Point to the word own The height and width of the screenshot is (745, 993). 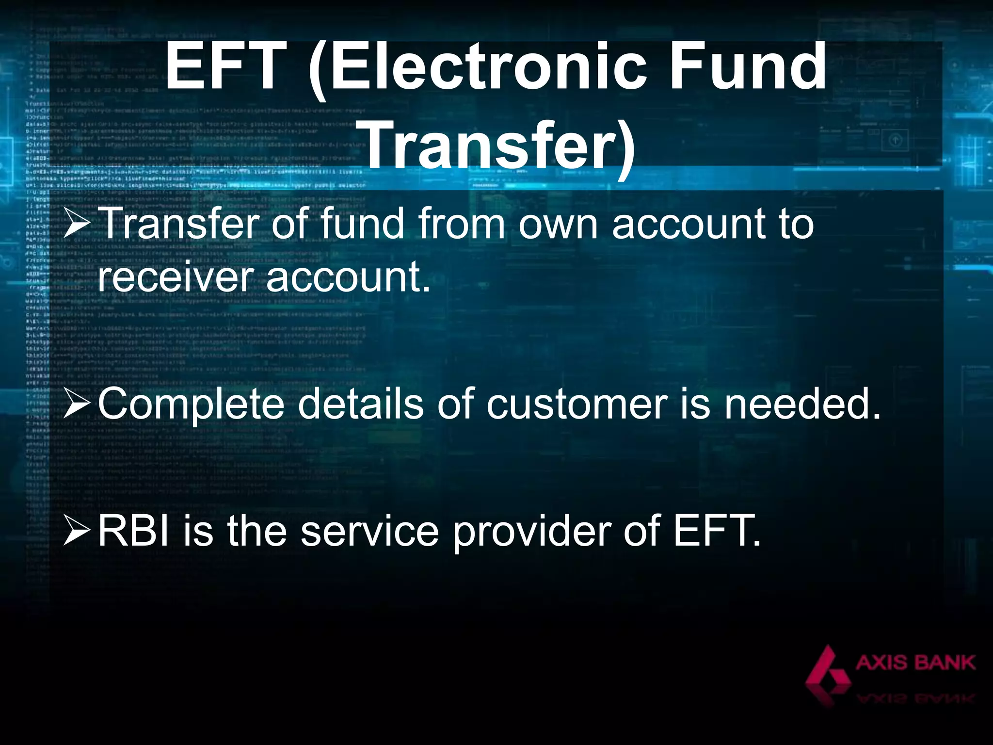[x=558, y=224]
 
